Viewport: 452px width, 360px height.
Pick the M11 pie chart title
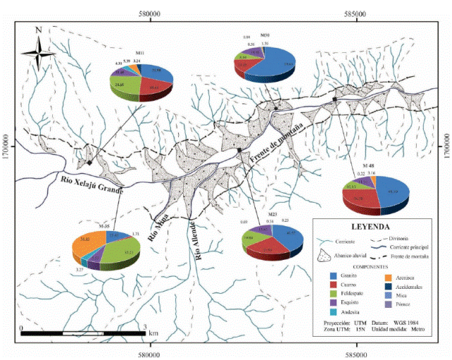click(x=140, y=55)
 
